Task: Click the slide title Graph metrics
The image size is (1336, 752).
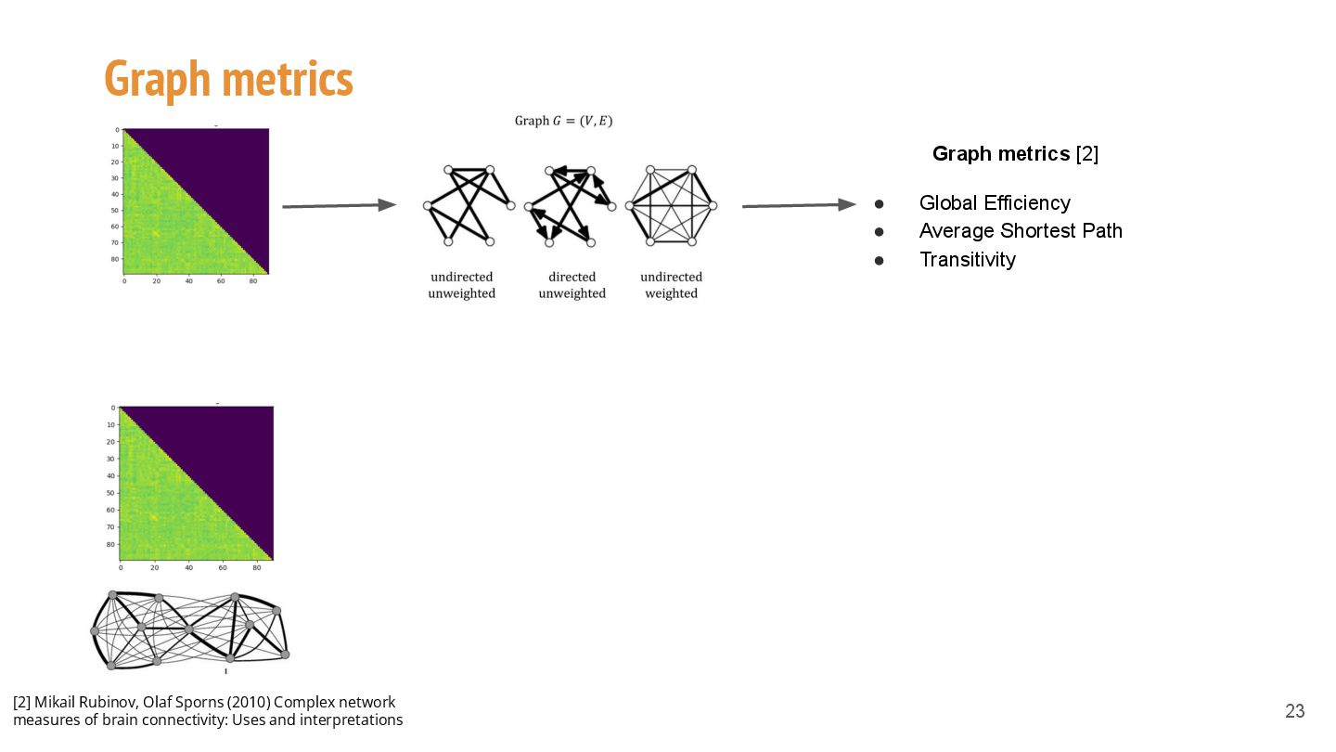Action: tap(228, 79)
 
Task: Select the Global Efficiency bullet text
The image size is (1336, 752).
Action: tap(995, 203)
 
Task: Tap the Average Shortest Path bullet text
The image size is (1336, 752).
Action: tap(1021, 231)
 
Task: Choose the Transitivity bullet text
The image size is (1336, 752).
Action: tap(967, 260)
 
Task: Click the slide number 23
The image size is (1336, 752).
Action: tap(1294, 712)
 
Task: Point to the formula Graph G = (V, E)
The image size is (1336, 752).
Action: tap(564, 121)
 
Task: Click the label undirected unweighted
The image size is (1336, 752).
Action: tap(461, 285)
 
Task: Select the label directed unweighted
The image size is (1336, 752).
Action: tap(572, 285)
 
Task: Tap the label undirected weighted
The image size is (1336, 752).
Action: tap(671, 285)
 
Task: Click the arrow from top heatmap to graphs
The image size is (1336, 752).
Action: tap(339, 206)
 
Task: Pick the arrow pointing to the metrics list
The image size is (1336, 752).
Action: tap(799, 205)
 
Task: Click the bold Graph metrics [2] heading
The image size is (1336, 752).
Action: tap(1015, 154)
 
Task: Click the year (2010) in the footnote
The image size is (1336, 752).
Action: tap(248, 702)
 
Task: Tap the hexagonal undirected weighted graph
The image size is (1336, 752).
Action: tap(671, 205)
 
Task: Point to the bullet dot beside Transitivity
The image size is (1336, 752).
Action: tap(879, 261)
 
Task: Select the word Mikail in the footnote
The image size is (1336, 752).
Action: tap(55, 702)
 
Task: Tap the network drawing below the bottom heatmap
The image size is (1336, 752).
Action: tap(190, 630)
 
